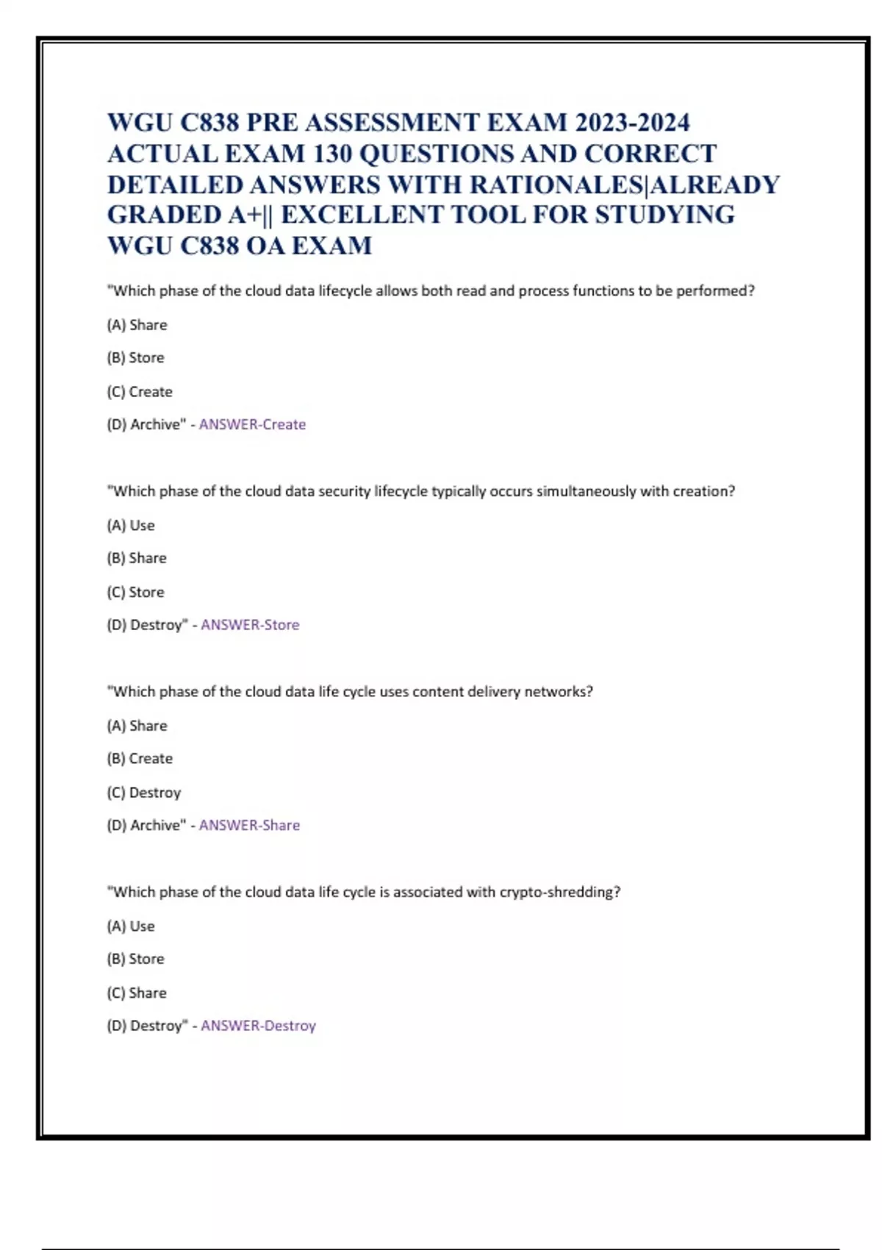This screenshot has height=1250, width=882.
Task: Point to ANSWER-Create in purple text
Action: pos(252,424)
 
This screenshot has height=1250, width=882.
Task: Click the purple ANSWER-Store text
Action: pos(250,625)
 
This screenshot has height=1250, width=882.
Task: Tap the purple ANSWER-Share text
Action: pos(249,825)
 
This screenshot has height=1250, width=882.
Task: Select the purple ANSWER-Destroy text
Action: pos(258,1026)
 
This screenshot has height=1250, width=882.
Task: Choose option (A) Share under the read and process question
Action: pos(137,325)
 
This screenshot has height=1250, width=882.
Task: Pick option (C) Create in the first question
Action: pos(140,392)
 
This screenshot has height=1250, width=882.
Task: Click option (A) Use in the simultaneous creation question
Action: pos(131,526)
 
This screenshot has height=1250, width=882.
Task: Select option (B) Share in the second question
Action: pos(137,558)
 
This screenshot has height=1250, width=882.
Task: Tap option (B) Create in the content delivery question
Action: pos(140,758)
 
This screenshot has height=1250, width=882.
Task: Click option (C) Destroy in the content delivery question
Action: pos(143,793)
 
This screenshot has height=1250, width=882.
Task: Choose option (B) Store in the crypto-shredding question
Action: pos(135,959)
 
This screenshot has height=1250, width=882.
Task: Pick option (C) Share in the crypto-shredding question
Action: pos(137,993)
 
